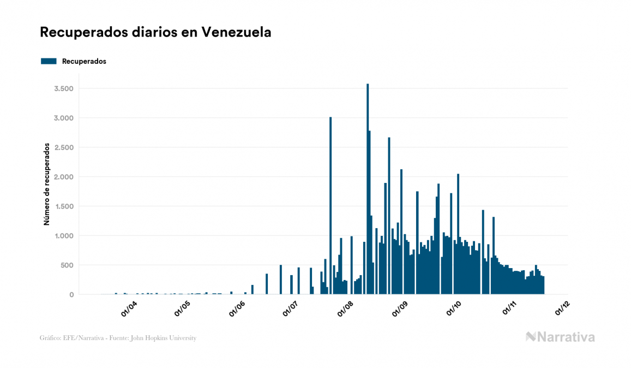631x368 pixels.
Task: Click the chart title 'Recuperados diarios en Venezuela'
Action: coord(155,32)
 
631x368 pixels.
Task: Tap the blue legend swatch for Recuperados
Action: coord(49,61)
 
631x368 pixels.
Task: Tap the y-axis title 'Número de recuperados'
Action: coord(47,184)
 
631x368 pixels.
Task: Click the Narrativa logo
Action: coord(560,337)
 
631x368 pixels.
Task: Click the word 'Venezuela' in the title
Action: coord(236,32)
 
